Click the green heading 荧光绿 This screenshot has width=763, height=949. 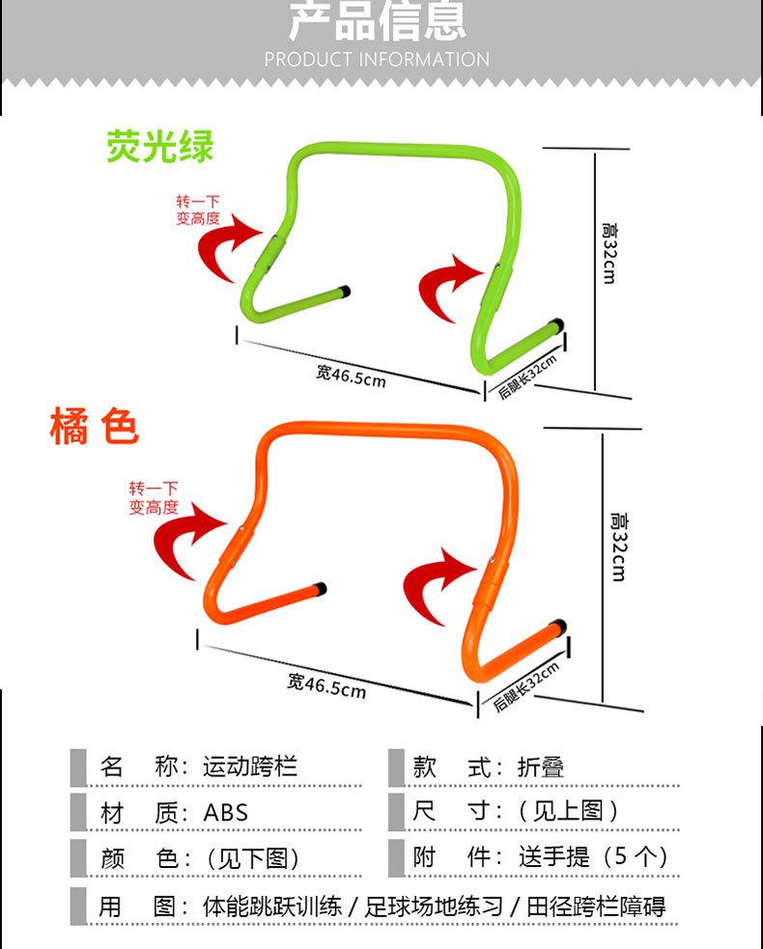(x=160, y=146)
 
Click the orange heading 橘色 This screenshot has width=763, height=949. (x=95, y=427)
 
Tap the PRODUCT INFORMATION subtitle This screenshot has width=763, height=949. (x=377, y=59)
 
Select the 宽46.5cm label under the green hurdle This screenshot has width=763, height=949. (x=351, y=375)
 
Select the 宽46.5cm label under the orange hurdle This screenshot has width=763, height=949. (x=326, y=685)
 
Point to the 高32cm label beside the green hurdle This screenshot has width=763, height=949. (x=608, y=252)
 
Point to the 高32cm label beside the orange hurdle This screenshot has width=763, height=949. (x=617, y=545)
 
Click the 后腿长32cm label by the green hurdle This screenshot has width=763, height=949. (x=528, y=377)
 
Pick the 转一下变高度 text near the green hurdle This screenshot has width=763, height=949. (x=197, y=210)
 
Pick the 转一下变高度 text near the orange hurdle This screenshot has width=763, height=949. (x=154, y=498)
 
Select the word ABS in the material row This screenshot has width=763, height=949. (x=225, y=813)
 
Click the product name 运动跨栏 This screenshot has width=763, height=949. (x=250, y=768)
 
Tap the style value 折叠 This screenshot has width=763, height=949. (x=540, y=768)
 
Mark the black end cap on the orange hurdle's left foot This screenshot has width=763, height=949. (x=321, y=587)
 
